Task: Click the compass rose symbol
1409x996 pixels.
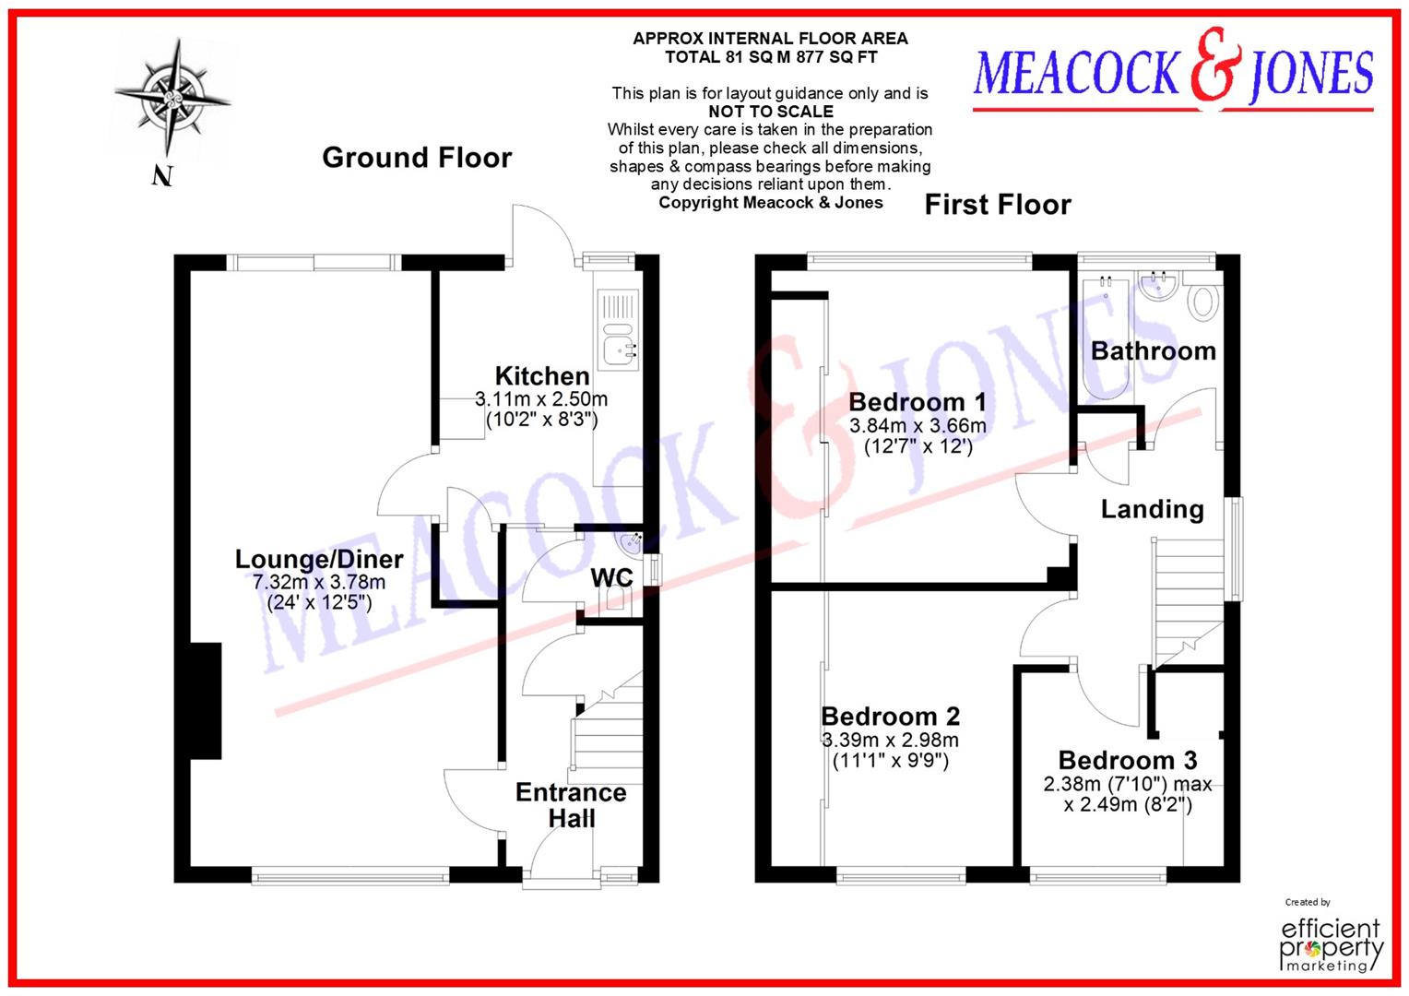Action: (172, 97)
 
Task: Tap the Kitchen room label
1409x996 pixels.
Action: (542, 376)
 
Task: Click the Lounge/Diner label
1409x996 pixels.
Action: (319, 559)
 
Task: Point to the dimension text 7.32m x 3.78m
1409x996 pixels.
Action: (319, 582)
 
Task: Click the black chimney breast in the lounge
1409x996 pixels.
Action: (205, 701)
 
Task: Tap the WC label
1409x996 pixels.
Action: (611, 577)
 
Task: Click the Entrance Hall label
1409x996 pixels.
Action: (571, 805)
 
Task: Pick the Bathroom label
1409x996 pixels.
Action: (1153, 351)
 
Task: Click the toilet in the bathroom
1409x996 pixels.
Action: (1203, 301)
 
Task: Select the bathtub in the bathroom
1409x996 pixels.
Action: (1099, 338)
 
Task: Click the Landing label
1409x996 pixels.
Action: (1152, 509)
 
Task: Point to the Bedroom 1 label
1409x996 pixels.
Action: (917, 402)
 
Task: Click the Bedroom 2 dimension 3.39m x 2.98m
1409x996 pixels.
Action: (890, 740)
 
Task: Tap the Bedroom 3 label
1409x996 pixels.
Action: (1127, 760)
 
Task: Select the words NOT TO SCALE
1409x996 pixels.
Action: (770, 112)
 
